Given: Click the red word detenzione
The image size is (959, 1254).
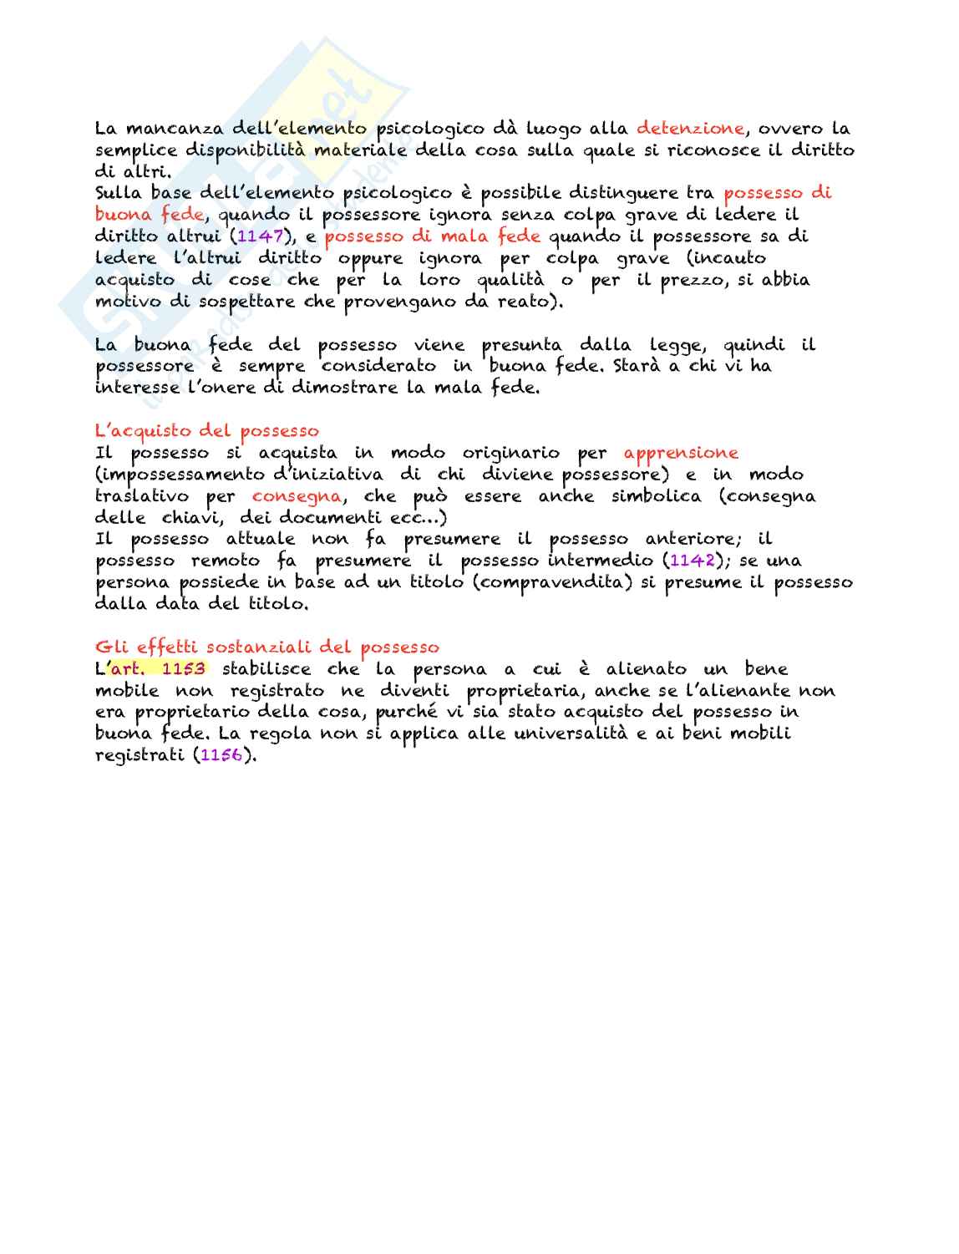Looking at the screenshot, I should [690, 129].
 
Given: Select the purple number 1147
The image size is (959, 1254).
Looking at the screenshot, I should [261, 236].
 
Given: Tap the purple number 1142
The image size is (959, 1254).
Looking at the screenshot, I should [693, 561].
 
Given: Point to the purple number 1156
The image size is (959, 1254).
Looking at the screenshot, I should [221, 755].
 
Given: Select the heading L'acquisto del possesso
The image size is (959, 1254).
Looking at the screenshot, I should [207, 431].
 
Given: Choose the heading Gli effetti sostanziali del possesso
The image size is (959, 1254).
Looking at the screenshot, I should [266, 647].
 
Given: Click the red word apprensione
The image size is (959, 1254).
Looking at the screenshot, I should [681, 453].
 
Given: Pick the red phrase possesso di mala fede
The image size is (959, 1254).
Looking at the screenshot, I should [433, 236].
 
